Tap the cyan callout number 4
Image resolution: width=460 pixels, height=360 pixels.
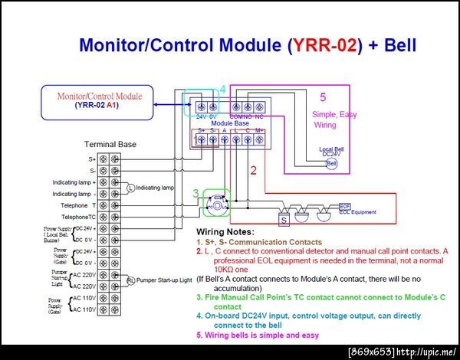[222, 90]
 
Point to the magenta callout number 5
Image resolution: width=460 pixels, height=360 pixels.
[323, 97]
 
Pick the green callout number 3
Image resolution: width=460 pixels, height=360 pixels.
[196, 193]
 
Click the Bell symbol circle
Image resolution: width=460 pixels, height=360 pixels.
[331, 163]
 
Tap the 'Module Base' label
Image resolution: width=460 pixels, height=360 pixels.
[228, 123]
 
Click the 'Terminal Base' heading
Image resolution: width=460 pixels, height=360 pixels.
[110, 145]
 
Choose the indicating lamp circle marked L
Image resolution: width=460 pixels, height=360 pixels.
[130, 188]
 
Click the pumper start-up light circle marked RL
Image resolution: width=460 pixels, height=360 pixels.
[130, 280]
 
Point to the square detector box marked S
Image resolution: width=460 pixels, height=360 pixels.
[284, 220]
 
